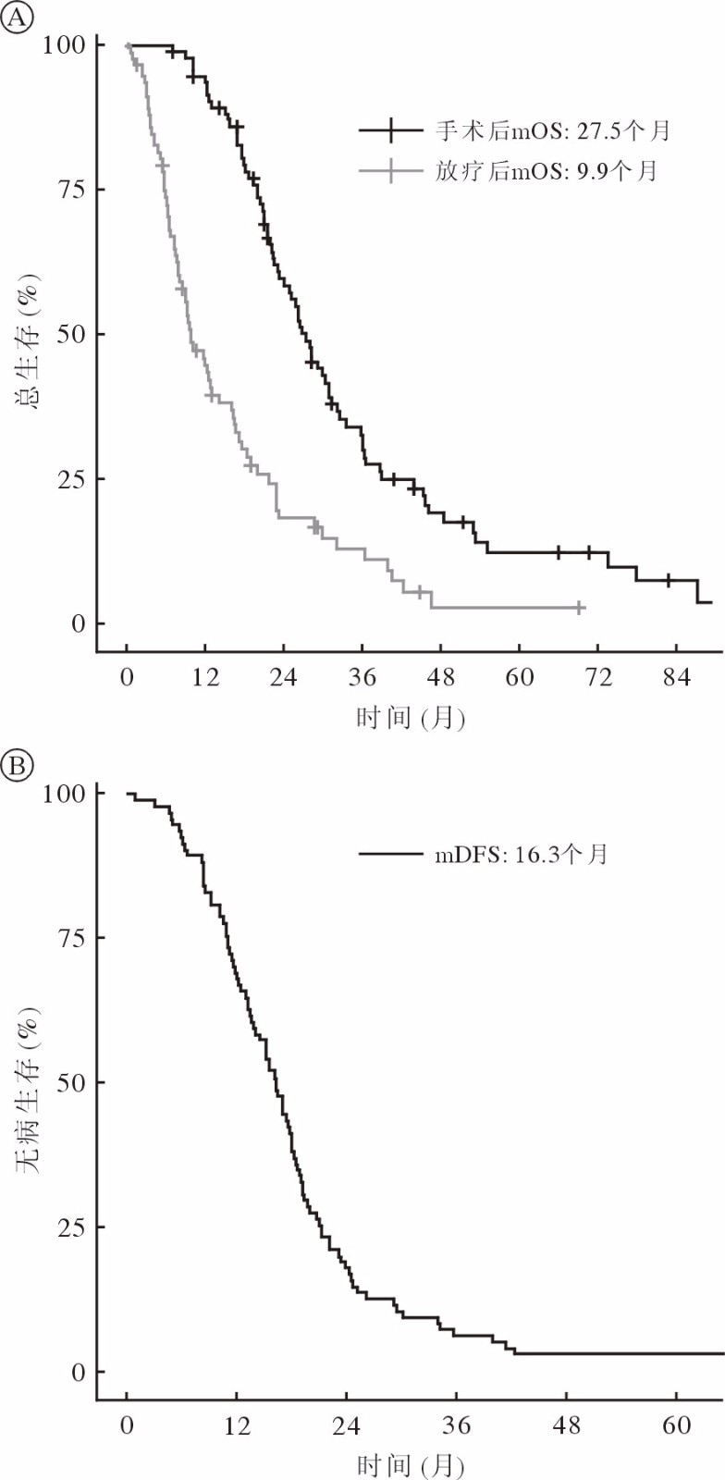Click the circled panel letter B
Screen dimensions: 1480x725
click(17, 766)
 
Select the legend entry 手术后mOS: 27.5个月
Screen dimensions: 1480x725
click(552, 130)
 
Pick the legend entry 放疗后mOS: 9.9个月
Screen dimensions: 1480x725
click(546, 171)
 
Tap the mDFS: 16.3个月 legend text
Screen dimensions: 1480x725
click(522, 854)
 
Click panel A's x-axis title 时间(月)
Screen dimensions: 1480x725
click(411, 717)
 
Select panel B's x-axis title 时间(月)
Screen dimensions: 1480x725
click(411, 1465)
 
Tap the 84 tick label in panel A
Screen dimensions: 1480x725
click(677, 678)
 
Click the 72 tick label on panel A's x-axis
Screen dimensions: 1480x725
click(598, 678)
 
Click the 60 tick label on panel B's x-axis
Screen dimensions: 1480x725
click(677, 1426)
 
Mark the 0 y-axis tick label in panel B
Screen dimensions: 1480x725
click(78, 1373)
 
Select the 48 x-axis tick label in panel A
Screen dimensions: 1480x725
click(441, 678)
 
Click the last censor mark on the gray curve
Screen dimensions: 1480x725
click(579, 608)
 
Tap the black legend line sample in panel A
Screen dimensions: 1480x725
click(390, 130)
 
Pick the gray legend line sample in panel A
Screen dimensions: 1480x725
click(390, 171)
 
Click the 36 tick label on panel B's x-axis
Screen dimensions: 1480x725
click(456, 1426)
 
